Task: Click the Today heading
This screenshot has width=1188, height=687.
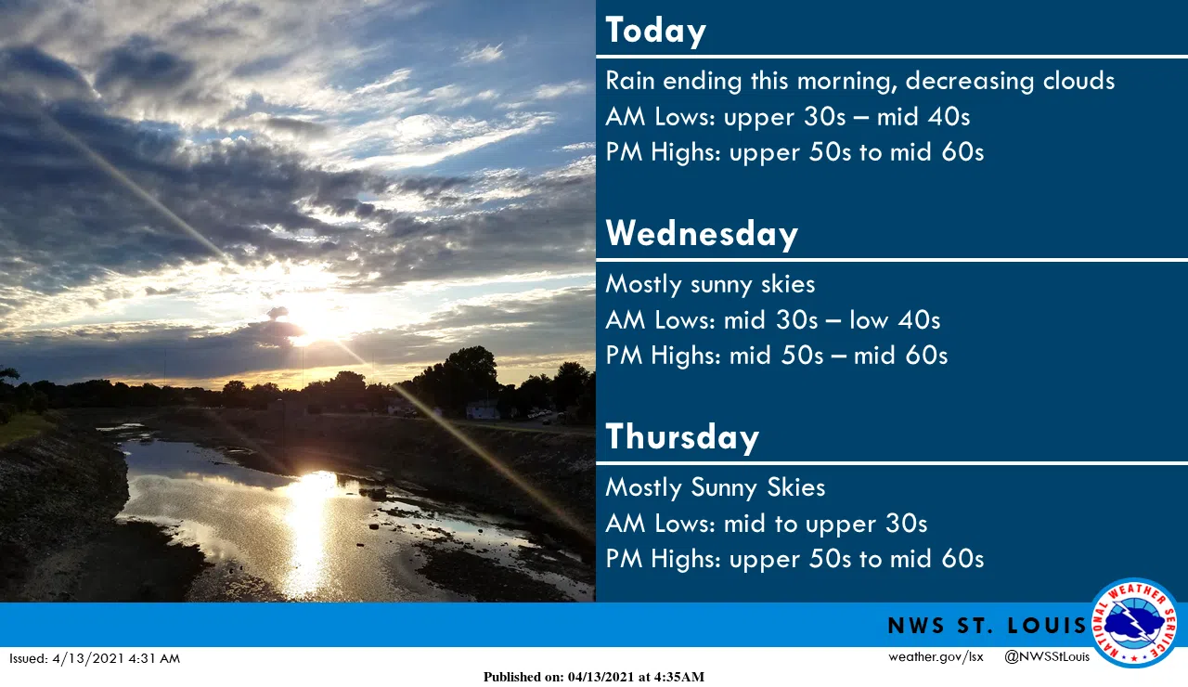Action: (655, 31)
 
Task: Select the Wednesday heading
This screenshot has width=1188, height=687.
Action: (702, 233)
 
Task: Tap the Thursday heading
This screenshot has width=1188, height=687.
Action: (682, 436)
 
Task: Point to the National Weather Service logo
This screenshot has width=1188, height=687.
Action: (1134, 623)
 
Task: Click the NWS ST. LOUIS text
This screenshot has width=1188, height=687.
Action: (987, 626)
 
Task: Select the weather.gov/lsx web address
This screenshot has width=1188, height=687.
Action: (936, 656)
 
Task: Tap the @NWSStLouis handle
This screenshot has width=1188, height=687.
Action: (1046, 656)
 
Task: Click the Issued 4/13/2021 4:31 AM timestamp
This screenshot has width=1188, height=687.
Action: (95, 659)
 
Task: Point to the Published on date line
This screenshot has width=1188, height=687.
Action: (593, 677)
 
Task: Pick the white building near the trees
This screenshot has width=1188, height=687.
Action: (482, 409)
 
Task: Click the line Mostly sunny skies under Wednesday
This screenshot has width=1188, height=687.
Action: (710, 284)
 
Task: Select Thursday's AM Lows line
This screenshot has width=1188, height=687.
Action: (767, 524)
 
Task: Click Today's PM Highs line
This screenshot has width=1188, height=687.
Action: (794, 152)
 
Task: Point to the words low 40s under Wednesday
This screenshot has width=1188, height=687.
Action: (895, 320)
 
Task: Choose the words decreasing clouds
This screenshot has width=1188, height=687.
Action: (1010, 81)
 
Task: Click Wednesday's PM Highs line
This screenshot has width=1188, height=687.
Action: (777, 356)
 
